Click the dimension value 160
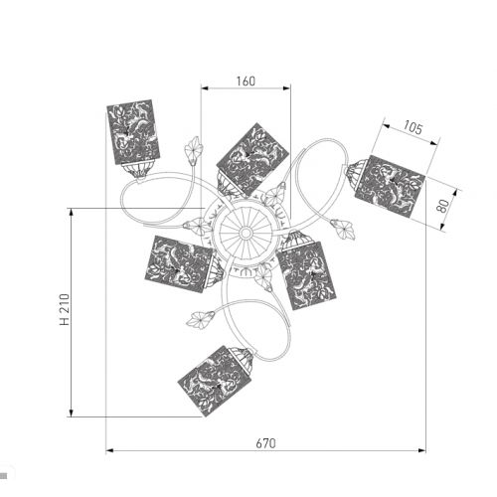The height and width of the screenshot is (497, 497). point(246,82)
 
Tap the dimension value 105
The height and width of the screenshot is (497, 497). point(413,127)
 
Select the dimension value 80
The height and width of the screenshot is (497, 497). point(443,206)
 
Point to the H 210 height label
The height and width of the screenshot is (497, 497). point(65,309)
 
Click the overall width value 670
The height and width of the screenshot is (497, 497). point(265,443)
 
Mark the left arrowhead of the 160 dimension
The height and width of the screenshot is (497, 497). point(205,88)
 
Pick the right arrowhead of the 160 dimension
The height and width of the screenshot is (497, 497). point(287,88)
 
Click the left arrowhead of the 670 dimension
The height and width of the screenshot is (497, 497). point(109,450)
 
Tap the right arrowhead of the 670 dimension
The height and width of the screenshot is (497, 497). point(421,450)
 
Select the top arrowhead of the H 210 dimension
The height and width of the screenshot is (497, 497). point(71,212)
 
